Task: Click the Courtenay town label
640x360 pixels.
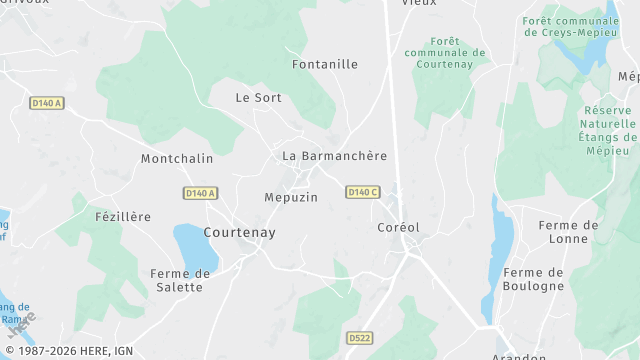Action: pos(239,232)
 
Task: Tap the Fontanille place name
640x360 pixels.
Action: pos(324,64)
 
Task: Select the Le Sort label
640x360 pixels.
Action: pos(258,98)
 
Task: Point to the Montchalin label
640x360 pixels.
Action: pos(177,159)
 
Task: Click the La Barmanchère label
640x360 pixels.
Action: pos(334,156)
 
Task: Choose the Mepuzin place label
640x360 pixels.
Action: pos(291,197)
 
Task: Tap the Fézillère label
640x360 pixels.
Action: pos(122,217)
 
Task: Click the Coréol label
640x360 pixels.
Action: pos(398,227)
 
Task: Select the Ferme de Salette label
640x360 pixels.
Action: pos(180,280)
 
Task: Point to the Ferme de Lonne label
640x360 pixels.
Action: pos(568,232)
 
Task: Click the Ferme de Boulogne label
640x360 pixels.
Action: pos(534,279)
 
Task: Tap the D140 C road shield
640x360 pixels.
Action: pos(363,192)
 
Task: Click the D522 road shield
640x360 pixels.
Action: pos(360,338)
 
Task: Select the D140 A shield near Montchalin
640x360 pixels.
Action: pos(200,193)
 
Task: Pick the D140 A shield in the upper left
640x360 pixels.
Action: pos(46,103)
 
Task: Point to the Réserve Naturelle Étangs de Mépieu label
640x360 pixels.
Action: pos(608,124)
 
